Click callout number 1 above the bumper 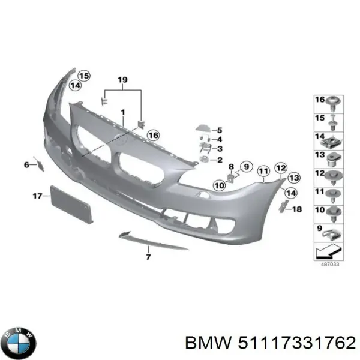point(122,113)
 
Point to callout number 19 point(123,80)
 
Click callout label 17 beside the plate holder point(37,196)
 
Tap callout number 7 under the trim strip point(148,257)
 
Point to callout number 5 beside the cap point(219,131)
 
